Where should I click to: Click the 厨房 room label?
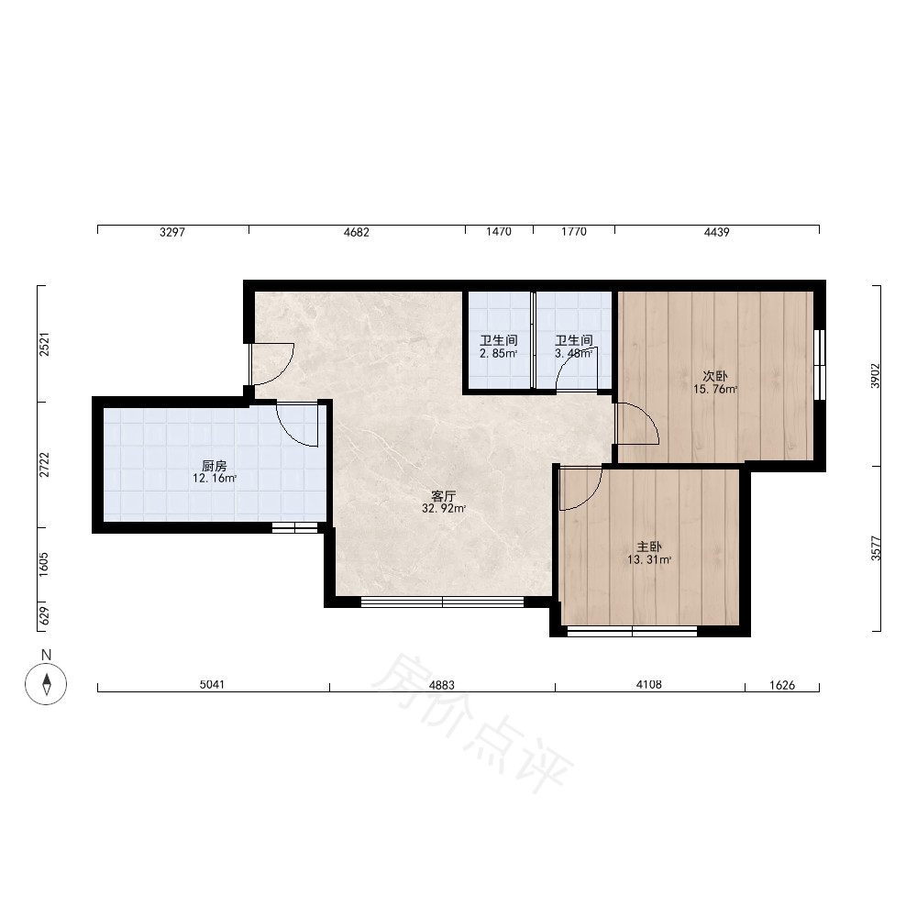(x=214, y=466)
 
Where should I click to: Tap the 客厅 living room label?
(x=443, y=496)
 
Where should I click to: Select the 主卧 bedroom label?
(x=649, y=547)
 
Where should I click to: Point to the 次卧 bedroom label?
(x=715, y=376)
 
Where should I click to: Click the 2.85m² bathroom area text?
(x=498, y=354)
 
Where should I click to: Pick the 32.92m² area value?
(x=444, y=509)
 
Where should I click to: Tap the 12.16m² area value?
(x=215, y=479)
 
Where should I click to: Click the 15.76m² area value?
(x=715, y=390)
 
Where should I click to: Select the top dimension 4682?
(x=356, y=232)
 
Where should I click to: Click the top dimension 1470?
(x=499, y=232)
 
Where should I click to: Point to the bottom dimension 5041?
(x=212, y=684)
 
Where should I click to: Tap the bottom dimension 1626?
(x=782, y=685)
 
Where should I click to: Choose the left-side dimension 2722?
(x=44, y=464)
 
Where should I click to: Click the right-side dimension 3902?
(x=875, y=375)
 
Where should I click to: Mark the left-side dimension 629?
(x=44, y=616)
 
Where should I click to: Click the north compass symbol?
(x=46, y=684)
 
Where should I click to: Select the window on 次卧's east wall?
(x=820, y=365)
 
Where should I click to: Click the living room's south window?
(x=442, y=602)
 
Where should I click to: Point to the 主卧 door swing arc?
(x=589, y=498)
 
